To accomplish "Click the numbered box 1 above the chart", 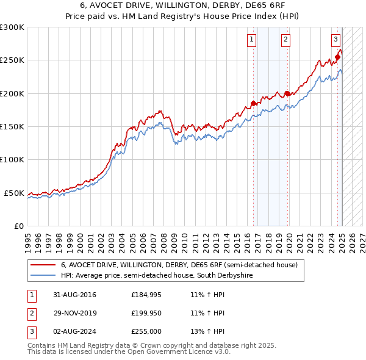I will coord(251,40).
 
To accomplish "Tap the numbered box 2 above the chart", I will coord(285,40).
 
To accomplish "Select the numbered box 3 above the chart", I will coord(335,40).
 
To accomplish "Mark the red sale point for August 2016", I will coord(254,104).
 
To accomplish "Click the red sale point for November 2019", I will coord(287,93).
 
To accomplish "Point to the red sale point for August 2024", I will coord(337,57).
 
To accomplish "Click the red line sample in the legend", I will coord(43,265).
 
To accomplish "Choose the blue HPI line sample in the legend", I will coord(43,276).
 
